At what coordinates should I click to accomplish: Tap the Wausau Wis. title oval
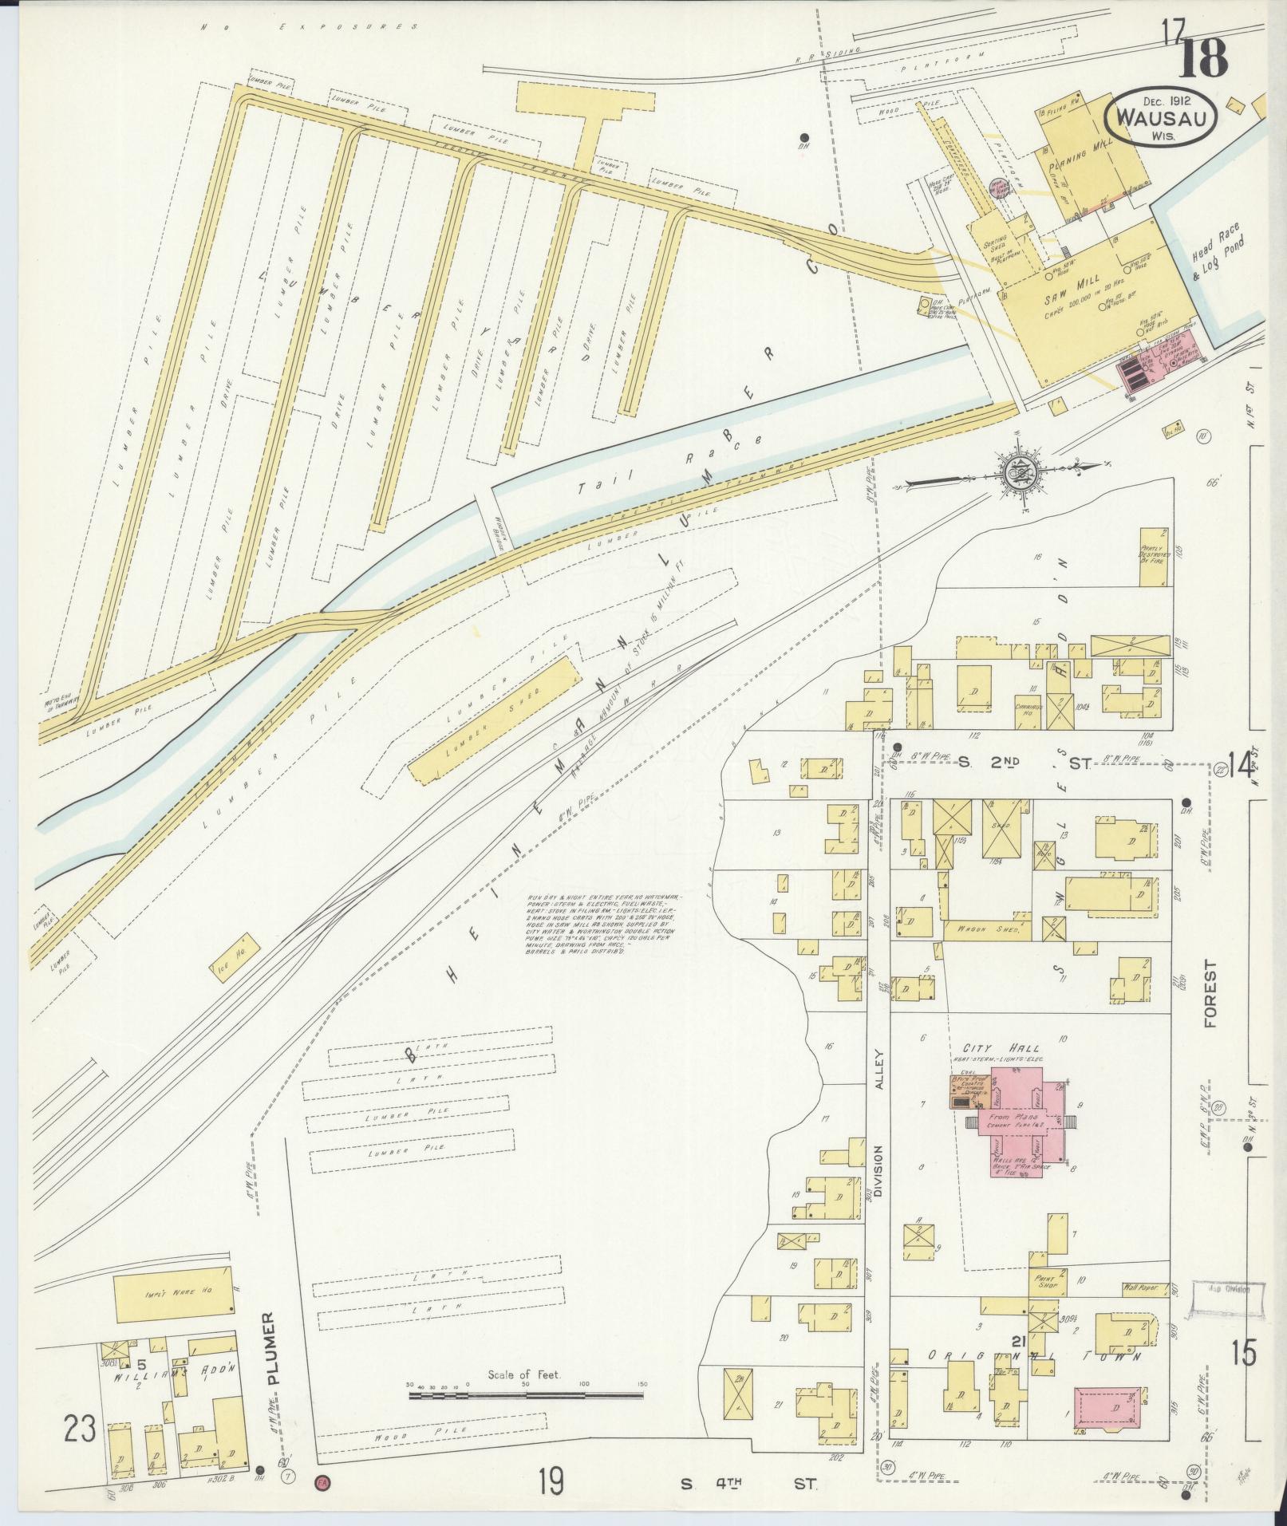click(x=1160, y=118)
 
